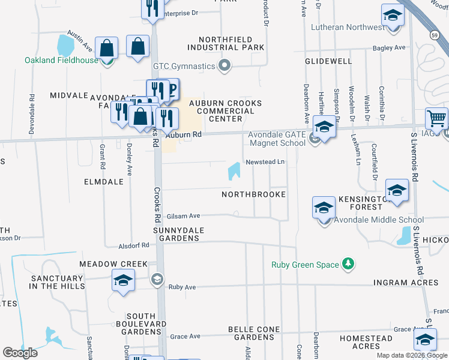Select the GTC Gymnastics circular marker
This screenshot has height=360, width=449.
225,65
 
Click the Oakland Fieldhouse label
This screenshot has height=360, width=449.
61,60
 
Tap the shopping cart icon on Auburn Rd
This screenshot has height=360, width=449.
436,118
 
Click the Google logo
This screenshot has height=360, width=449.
20,352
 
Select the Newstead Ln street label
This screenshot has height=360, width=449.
264,163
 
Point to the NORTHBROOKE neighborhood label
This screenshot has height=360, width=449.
253,195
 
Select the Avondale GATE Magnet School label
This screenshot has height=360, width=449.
277,139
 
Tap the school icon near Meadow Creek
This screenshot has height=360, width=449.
123,281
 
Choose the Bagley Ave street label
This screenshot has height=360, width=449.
389,47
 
